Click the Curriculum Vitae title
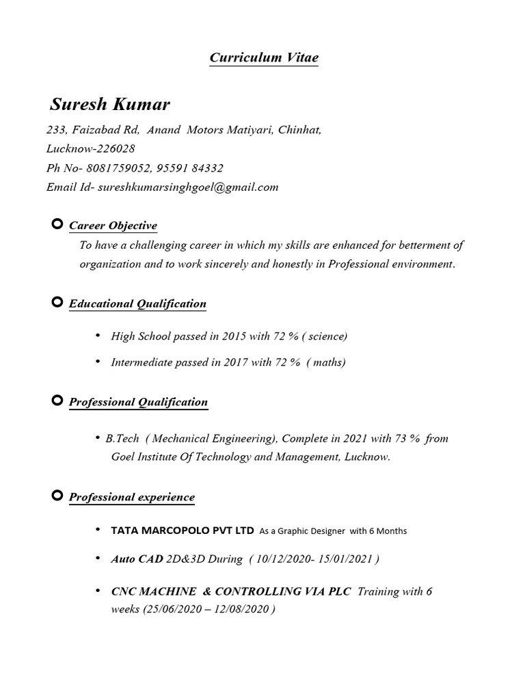(263, 57)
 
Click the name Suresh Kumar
(110, 105)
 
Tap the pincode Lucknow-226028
(90, 148)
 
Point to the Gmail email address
(188, 187)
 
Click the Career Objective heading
(113, 226)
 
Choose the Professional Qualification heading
(138, 402)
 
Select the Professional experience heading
(132, 497)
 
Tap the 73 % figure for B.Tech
(405, 438)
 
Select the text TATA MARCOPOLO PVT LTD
(183, 530)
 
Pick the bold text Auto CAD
(137, 559)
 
